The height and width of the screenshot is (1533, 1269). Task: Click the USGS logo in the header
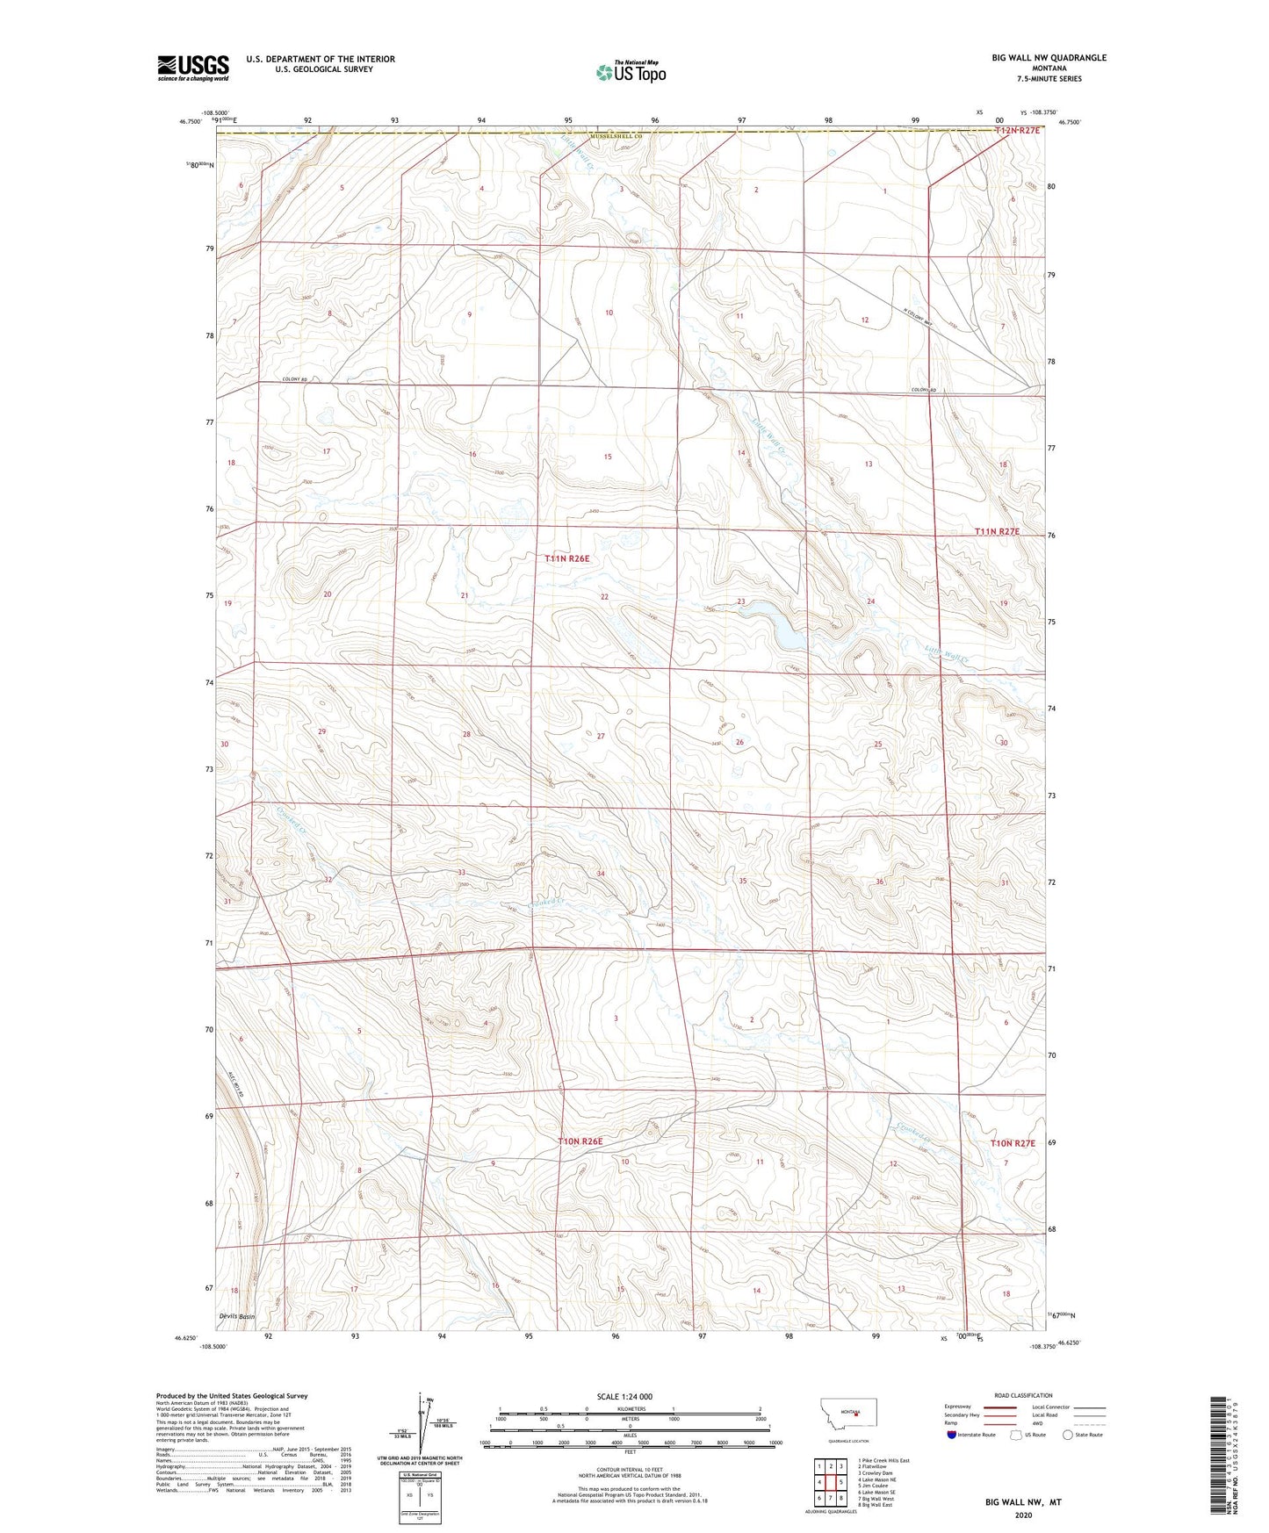(x=192, y=68)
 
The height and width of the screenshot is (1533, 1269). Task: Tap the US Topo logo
(x=630, y=73)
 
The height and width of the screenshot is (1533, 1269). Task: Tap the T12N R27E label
(x=1017, y=131)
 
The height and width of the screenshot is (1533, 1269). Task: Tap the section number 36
(x=879, y=882)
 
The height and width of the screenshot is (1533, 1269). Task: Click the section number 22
(x=604, y=597)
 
